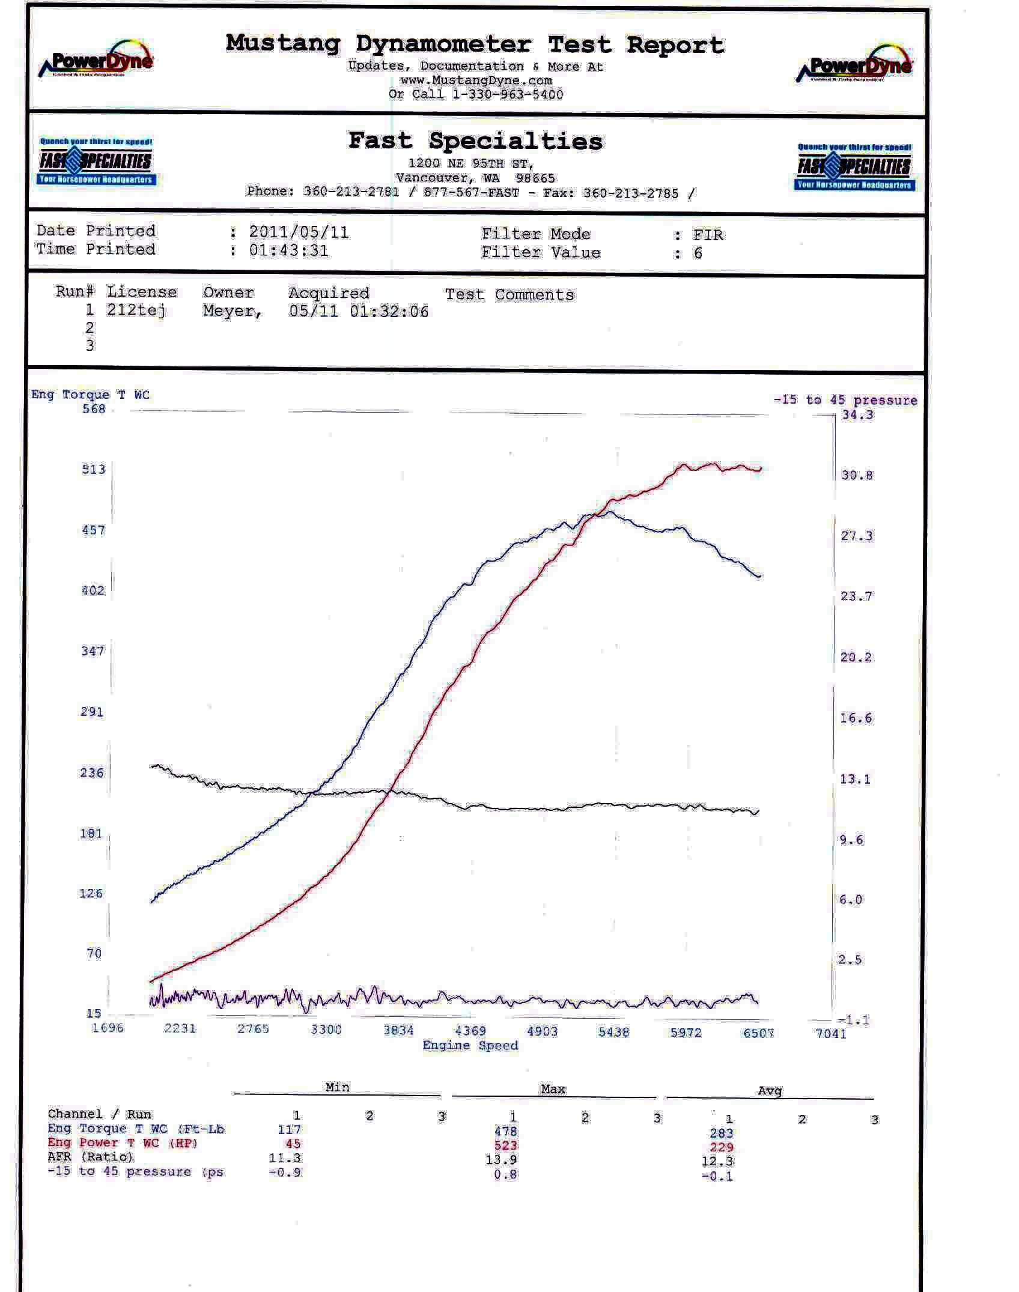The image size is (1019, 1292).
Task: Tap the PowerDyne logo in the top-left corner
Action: [96, 60]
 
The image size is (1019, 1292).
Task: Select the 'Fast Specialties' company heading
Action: [475, 141]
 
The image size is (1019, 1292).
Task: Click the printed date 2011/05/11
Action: [299, 232]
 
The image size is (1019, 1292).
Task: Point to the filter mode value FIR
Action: [708, 234]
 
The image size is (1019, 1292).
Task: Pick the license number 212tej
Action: [136, 310]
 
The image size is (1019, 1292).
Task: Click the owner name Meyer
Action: [232, 311]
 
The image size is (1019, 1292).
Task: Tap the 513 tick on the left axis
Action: [93, 469]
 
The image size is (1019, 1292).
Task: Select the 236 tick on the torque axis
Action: [92, 772]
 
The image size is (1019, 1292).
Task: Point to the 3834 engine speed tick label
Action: [398, 1030]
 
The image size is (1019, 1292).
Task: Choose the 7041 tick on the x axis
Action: [831, 1033]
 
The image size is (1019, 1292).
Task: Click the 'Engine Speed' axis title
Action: [470, 1045]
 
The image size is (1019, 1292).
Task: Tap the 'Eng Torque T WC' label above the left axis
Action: [90, 395]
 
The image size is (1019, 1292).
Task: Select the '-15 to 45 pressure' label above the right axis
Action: [845, 400]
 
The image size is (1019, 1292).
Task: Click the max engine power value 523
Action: [505, 1145]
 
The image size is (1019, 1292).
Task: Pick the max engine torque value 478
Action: [505, 1131]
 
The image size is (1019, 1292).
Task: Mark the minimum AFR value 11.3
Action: [285, 1157]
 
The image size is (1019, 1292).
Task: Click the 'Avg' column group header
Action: [770, 1090]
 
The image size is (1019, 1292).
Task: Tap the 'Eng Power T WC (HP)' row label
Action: [123, 1142]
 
